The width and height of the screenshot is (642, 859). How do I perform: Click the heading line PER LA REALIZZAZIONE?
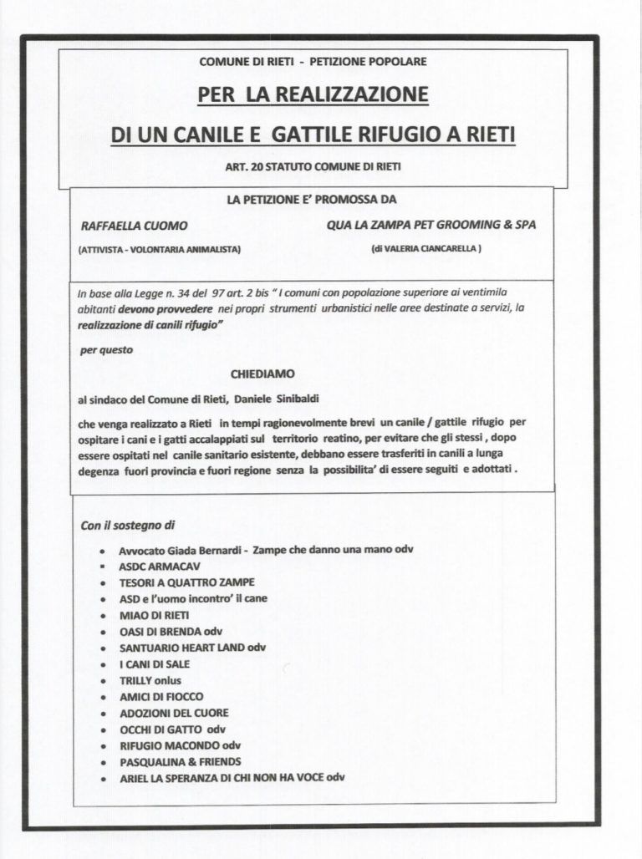pyautogui.click(x=313, y=97)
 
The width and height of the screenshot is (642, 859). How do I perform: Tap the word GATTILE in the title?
pyautogui.click(x=316, y=134)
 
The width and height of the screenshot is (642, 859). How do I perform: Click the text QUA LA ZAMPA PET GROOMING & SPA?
pyautogui.click(x=432, y=226)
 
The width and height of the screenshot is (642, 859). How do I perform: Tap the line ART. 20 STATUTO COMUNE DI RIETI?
pyautogui.click(x=313, y=167)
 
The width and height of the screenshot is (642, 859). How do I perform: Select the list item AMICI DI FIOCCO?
pyautogui.click(x=161, y=696)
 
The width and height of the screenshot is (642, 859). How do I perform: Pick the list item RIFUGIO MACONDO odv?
pyautogui.click(x=180, y=745)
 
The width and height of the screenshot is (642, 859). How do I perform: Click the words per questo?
pyautogui.click(x=106, y=351)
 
